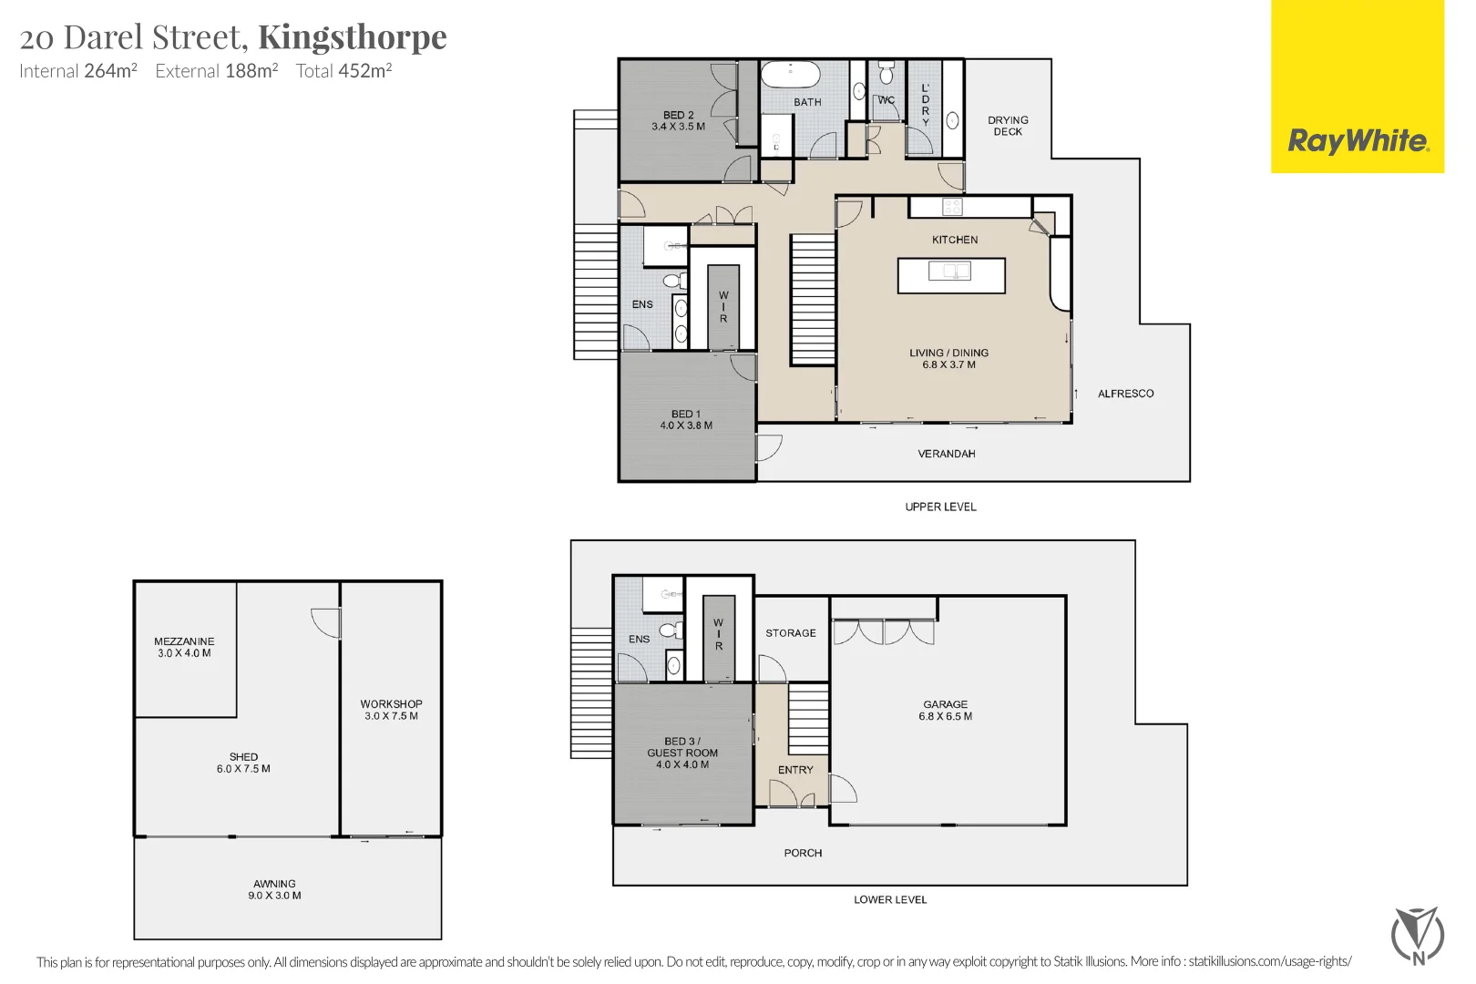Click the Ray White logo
[x=1358, y=140]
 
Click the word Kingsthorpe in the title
[x=353, y=37]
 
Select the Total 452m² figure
[x=343, y=71]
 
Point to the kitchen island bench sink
[x=949, y=271]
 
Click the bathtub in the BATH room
[x=790, y=74]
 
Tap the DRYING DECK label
[x=1008, y=126]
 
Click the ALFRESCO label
[x=1125, y=394]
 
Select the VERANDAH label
[x=946, y=454]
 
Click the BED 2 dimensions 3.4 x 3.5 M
[x=678, y=127]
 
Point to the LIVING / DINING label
[x=948, y=353]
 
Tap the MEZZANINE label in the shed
[x=184, y=641]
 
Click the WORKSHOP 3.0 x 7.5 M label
[x=391, y=710]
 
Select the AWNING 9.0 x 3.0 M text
[x=274, y=889]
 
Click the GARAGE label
[x=945, y=704]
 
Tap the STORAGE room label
[x=790, y=633]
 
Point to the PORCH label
[x=803, y=853]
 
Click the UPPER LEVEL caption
[x=940, y=507]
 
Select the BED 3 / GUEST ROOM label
[x=682, y=747]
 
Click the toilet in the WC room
[x=887, y=73]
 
